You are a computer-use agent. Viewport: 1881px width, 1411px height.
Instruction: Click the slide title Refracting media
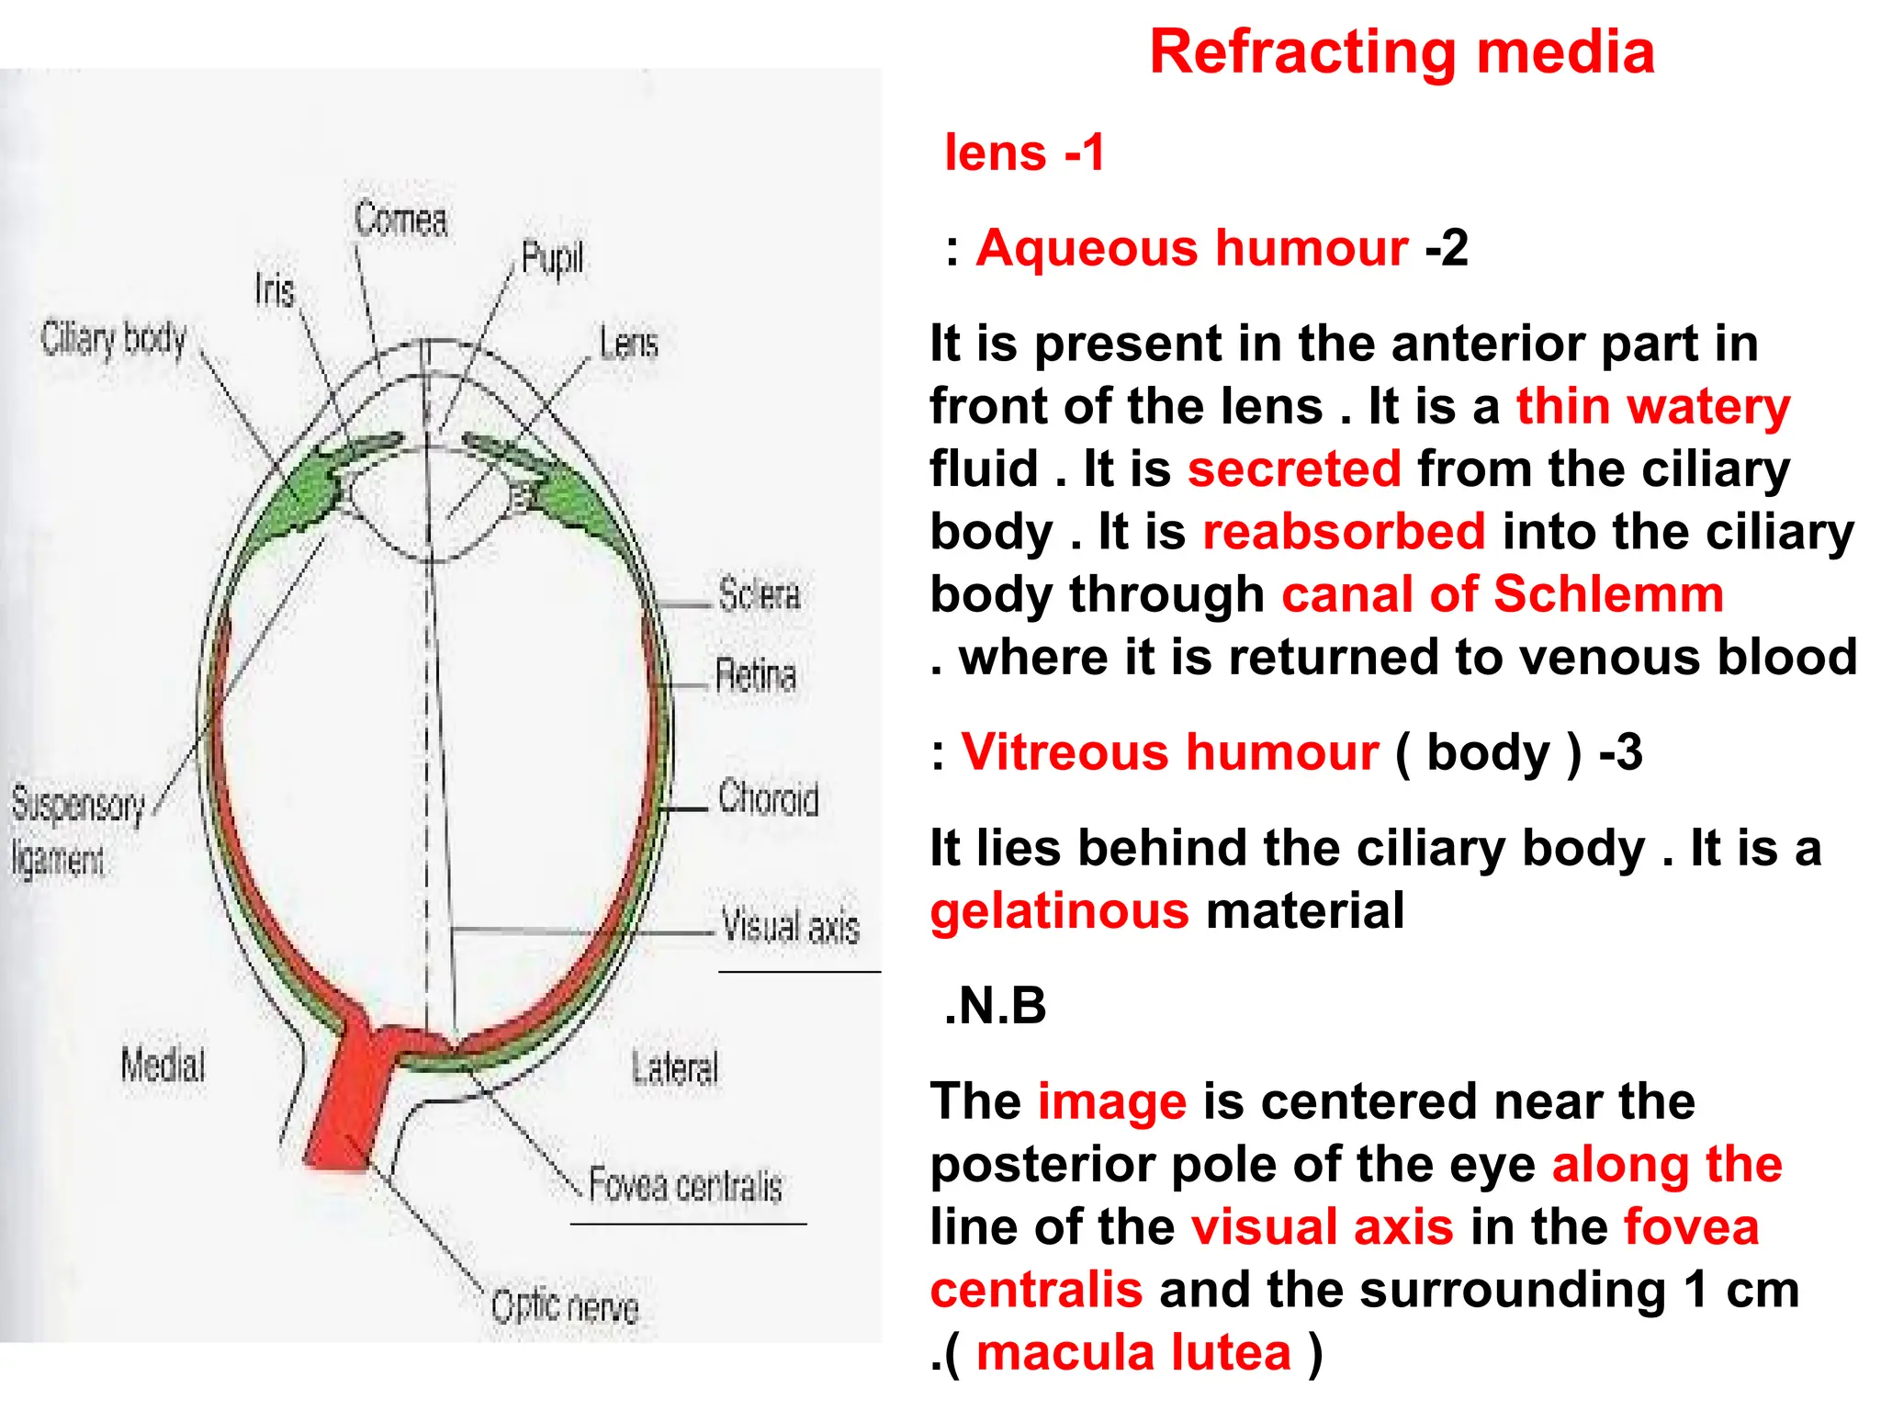pyautogui.click(x=1402, y=52)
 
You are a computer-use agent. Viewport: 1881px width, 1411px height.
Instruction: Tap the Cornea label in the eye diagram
pyautogui.click(x=401, y=220)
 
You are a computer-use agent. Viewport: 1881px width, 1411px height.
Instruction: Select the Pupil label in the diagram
pyautogui.click(x=552, y=258)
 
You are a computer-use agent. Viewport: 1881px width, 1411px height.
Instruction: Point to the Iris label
pyautogui.click(x=275, y=291)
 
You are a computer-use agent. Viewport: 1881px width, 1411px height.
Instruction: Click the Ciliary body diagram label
pyautogui.click(x=114, y=340)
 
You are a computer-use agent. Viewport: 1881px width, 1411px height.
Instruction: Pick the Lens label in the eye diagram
pyautogui.click(x=629, y=344)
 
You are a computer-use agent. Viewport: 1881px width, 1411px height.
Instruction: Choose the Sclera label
pyautogui.click(x=759, y=595)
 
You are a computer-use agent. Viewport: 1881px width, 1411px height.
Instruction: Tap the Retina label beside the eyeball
pyautogui.click(x=755, y=675)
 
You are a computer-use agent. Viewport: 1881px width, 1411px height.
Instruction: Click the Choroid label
pyautogui.click(x=768, y=798)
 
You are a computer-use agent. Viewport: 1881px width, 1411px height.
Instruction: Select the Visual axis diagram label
pyautogui.click(x=791, y=925)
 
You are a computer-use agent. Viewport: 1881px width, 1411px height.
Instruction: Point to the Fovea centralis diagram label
pyautogui.click(x=685, y=1185)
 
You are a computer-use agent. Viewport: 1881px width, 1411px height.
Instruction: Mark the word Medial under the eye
pyautogui.click(x=163, y=1066)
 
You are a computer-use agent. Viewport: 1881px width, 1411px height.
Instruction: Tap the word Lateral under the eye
pyautogui.click(x=675, y=1068)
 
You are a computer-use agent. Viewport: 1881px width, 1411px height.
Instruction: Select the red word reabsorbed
pyautogui.click(x=1344, y=532)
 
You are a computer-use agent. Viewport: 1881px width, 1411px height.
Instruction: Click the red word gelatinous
pyautogui.click(x=1060, y=911)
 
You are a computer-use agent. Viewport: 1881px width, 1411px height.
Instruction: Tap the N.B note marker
pyautogui.click(x=995, y=1006)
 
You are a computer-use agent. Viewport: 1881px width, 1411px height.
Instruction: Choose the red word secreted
pyautogui.click(x=1294, y=468)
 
